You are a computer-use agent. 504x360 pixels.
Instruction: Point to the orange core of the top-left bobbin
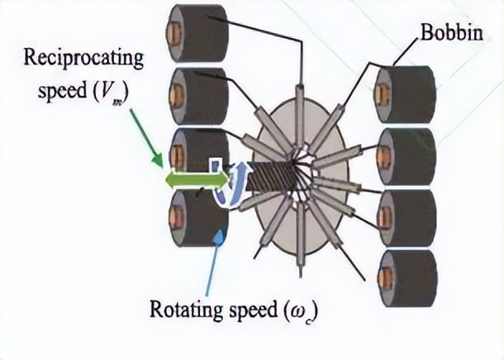point(176,34)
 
